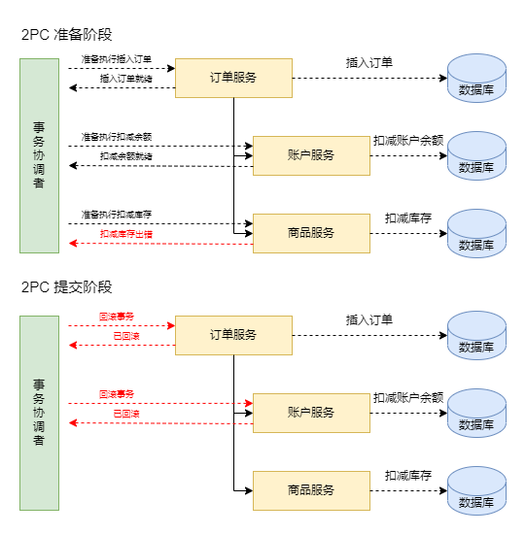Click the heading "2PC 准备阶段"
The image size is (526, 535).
(67, 34)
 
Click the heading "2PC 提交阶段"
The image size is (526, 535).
(67, 287)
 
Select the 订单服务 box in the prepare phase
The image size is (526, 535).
(233, 78)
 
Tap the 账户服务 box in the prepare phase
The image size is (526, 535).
(311, 156)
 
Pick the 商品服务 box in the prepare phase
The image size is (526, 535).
(311, 233)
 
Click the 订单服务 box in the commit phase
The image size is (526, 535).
(233, 335)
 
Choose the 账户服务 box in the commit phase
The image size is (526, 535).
(311, 414)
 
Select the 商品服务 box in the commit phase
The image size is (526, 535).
(311, 490)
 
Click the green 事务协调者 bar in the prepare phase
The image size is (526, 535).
(39, 155)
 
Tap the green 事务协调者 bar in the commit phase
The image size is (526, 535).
(39, 414)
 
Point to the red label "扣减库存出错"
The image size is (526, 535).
(126, 234)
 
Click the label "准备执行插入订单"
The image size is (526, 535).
(117, 59)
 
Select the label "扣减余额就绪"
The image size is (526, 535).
(126, 156)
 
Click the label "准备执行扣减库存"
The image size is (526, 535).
(117, 215)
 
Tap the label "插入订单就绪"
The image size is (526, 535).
(126, 79)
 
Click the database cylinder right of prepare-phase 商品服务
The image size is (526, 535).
(476, 233)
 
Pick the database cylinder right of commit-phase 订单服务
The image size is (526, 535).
(476, 335)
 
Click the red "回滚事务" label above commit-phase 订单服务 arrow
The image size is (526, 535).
(117, 317)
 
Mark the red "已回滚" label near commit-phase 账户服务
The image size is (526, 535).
(126, 414)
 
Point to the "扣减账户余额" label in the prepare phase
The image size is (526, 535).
(408, 141)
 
